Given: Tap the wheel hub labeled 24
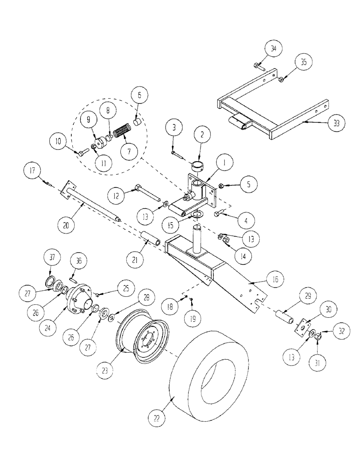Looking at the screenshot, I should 79,299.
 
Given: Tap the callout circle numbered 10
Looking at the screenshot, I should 60,140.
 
